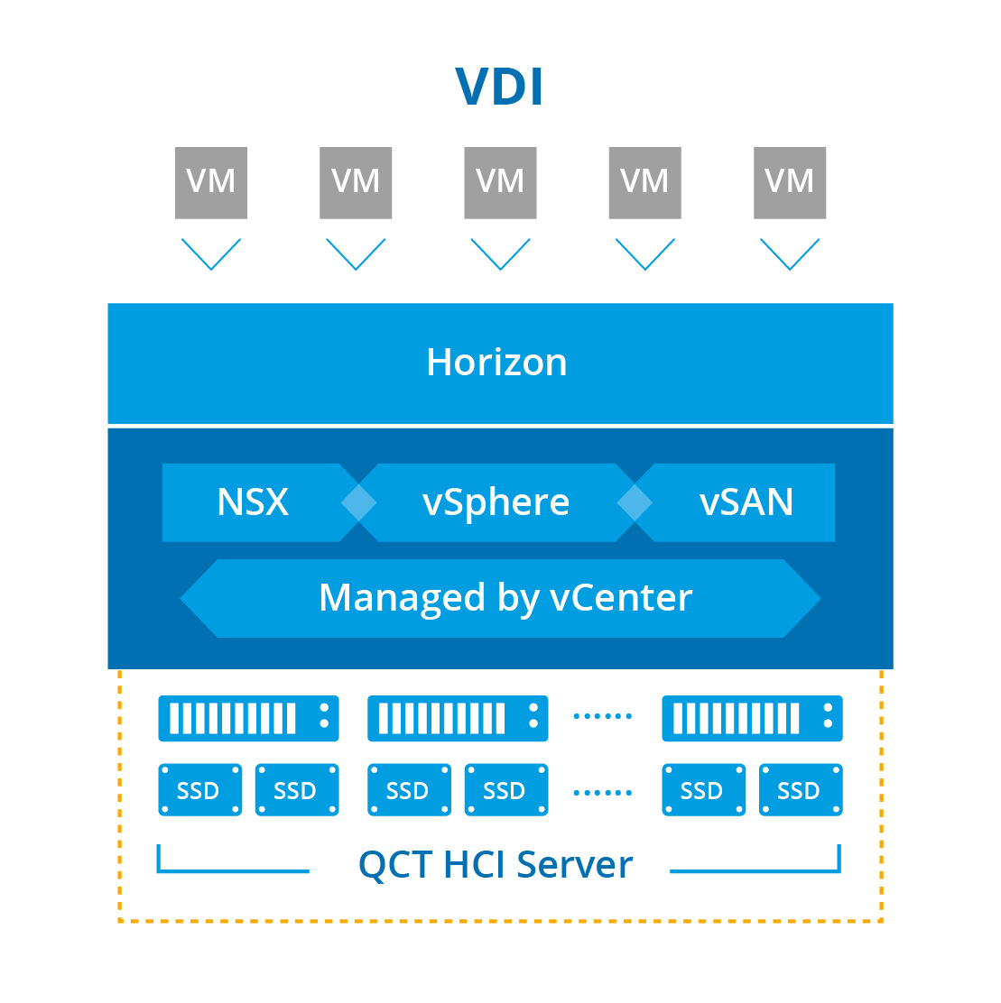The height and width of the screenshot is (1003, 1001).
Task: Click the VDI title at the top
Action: point(499,87)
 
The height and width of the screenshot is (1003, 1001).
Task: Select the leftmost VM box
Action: point(211,182)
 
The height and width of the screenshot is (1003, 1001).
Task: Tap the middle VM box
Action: point(500,182)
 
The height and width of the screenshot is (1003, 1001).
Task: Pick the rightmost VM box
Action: point(790,182)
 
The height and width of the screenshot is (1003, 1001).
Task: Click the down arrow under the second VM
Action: point(356,253)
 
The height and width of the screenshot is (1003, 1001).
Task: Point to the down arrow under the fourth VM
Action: point(644,253)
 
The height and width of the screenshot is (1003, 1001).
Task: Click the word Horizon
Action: point(496,363)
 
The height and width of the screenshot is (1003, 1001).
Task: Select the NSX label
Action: point(253,502)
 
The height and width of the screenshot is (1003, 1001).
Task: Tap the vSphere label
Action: point(496,502)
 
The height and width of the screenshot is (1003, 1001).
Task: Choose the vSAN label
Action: point(746,502)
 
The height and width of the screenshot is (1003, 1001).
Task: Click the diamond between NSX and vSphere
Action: point(359,502)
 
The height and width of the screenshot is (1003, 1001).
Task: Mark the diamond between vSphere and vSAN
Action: point(635,502)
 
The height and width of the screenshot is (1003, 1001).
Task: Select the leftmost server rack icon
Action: point(248,718)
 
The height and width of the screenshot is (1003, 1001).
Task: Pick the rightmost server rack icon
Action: point(752,718)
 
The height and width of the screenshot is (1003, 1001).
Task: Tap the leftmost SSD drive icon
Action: point(199,790)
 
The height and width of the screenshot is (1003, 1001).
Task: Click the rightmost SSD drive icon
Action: point(801,790)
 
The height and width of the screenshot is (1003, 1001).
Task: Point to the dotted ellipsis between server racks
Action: point(603,716)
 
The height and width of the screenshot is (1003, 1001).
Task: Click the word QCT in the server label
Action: point(395,865)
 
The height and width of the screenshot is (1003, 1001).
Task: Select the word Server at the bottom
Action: point(575,865)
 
